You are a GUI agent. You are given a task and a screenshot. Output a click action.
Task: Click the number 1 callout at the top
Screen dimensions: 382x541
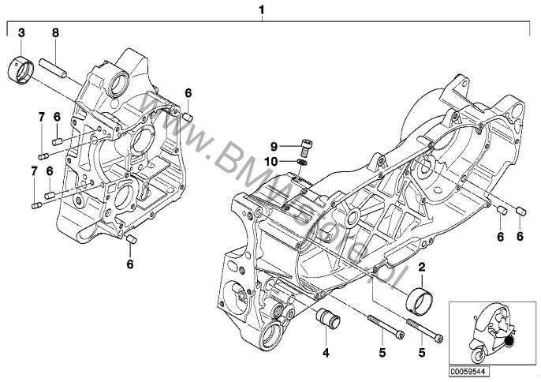tap(261, 10)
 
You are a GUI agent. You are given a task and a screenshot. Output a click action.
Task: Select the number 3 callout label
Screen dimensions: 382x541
tap(21, 32)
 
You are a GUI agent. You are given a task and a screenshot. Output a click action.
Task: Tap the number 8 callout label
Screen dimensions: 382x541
tap(54, 32)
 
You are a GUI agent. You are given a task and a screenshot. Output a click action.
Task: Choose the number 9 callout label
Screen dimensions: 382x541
tap(274, 147)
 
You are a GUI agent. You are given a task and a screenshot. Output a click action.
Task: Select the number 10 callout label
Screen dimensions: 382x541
tap(272, 161)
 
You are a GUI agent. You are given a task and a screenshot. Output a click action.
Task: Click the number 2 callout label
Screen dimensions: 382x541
tap(422, 269)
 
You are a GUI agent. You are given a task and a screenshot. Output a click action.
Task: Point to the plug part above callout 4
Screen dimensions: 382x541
tap(326, 323)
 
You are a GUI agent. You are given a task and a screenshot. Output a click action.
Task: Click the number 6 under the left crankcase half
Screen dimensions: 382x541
tap(131, 265)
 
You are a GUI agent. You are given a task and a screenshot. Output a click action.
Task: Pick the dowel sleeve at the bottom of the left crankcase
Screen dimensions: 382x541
tap(132, 239)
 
